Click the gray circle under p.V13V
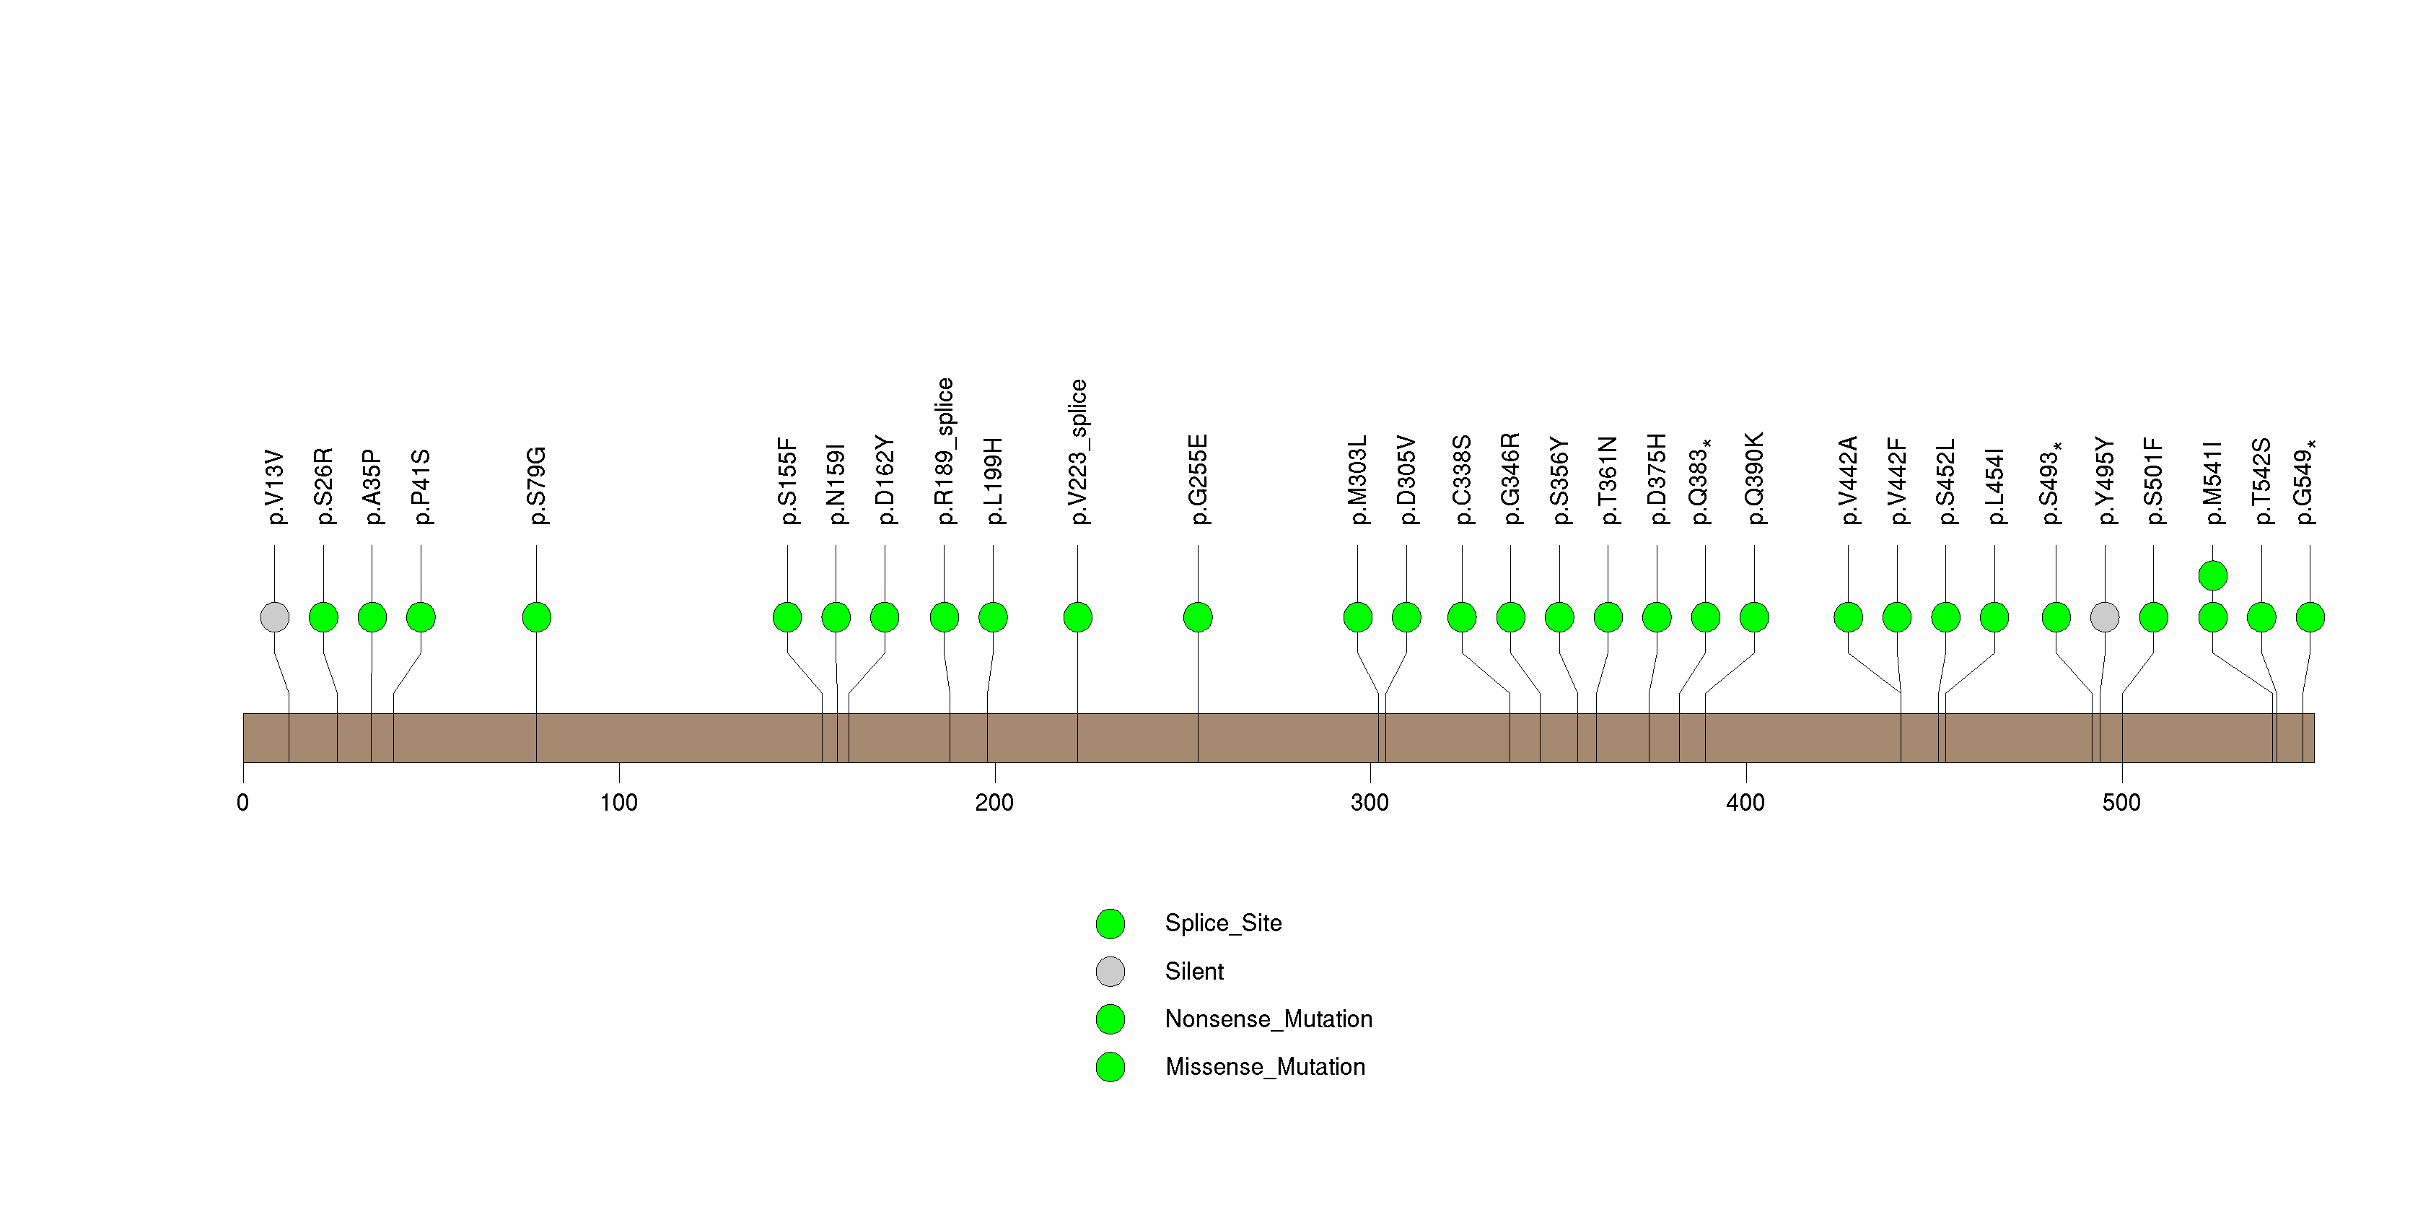(x=274, y=617)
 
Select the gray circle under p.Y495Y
(x=2105, y=617)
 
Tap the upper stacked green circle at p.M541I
(x=2213, y=575)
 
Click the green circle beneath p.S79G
(x=536, y=617)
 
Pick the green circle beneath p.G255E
(x=1198, y=617)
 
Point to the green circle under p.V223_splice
(x=1078, y=617)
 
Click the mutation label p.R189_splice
(x=945, y=451)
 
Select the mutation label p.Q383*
(x=1703, y=482)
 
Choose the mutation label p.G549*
(x=2308, y=482)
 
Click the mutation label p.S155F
(x=788, y=481)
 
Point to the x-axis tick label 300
(x=1370, y=803)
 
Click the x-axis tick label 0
(x=243, y=803)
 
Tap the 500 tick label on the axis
(x=2121, y=803)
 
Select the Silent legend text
(x=1194, y=971)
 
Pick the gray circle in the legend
(x=1110, y=971)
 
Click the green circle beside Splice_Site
(x=1110, y=924)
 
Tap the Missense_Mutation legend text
(x=1266, y=1067)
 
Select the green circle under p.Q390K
(x=1754, y=617)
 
